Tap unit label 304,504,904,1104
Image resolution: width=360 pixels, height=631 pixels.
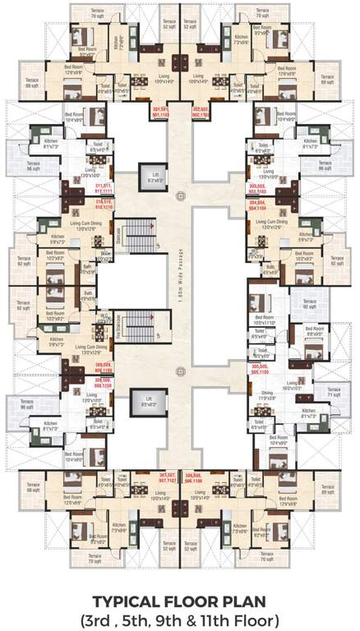click(256, 205)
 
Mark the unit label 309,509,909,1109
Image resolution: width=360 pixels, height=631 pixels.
click(104, 367)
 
